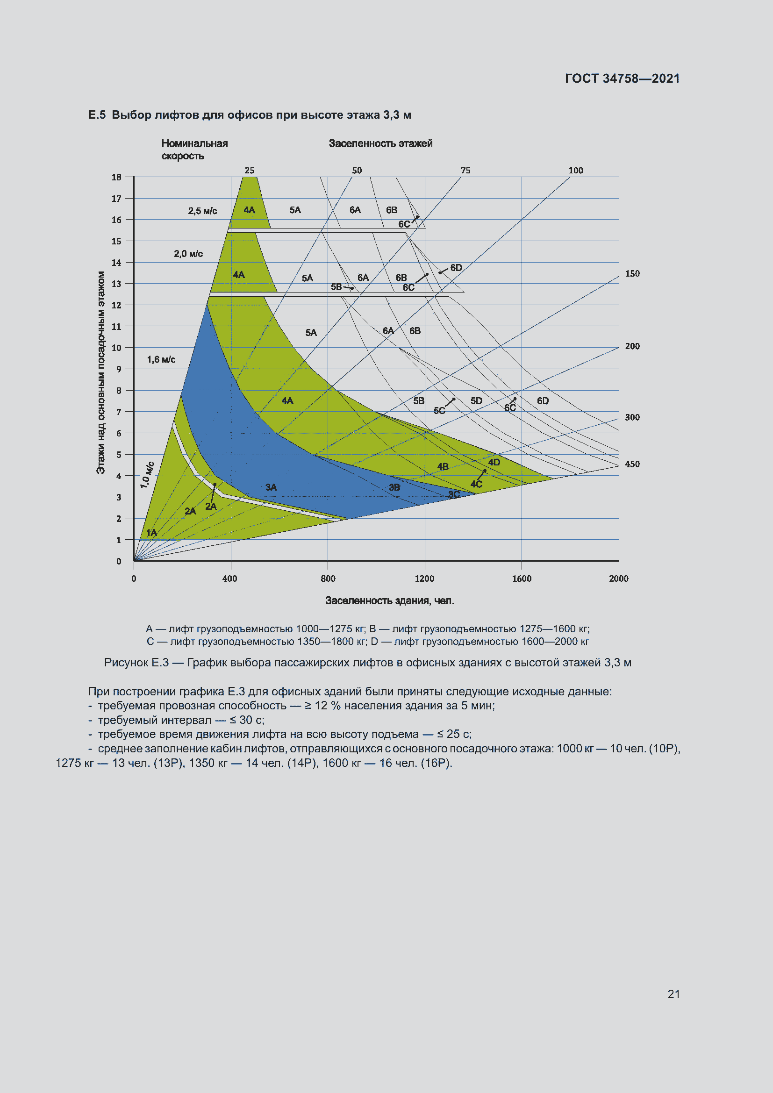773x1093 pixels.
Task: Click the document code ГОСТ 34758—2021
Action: [x=622, y=79]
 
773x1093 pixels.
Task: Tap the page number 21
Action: [x=673, y=994]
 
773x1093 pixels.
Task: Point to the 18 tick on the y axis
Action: [x=117, y=177]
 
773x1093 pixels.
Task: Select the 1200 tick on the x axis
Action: [x=424, y=579]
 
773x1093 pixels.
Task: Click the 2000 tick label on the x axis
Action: [x=618, y=579]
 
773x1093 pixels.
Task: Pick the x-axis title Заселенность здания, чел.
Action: [x=389, y=601]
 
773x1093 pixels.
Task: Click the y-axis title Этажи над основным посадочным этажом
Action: [x=101, y=372]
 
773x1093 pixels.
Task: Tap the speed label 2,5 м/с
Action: [x=202, y=211]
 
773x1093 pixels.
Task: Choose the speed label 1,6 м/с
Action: [x=161, y=359]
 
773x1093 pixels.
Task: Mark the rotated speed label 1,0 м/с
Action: [x=147, y=475]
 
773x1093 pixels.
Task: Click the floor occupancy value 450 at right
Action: [x=632, y=464]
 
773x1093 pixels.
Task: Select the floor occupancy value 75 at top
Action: [x=465, y=171]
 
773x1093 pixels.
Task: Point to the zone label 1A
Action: [x=151, y=533]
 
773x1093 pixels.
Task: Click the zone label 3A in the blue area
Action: [x=271, y=487]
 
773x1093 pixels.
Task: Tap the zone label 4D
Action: [x=494, y=462]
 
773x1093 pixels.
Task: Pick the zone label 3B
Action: [x=394, y=487]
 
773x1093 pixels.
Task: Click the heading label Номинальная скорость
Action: [x=194, y=150]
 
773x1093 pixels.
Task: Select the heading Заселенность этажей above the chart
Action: [x=380, y=143]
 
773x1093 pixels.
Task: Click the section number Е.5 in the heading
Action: [x=97, y=115]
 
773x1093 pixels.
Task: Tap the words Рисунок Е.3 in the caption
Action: [x=136, y=663]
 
